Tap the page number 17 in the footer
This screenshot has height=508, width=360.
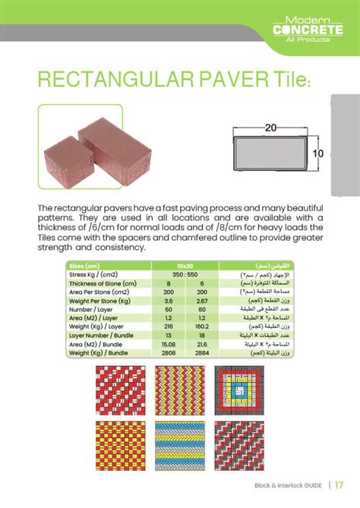tap(339, 484)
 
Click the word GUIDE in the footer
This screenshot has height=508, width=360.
tap(311, 485)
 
